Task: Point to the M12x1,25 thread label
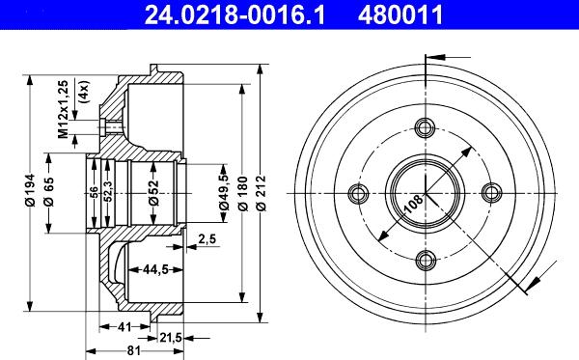tap(64, 110)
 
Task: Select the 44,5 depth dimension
tap(150, 269)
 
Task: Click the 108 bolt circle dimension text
tap(412, 204)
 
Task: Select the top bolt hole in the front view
tap(426, 127)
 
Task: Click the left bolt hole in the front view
tap(359, 194)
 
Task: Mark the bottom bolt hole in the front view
tap(426, 260)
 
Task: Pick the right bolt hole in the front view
tap(492, 193)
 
